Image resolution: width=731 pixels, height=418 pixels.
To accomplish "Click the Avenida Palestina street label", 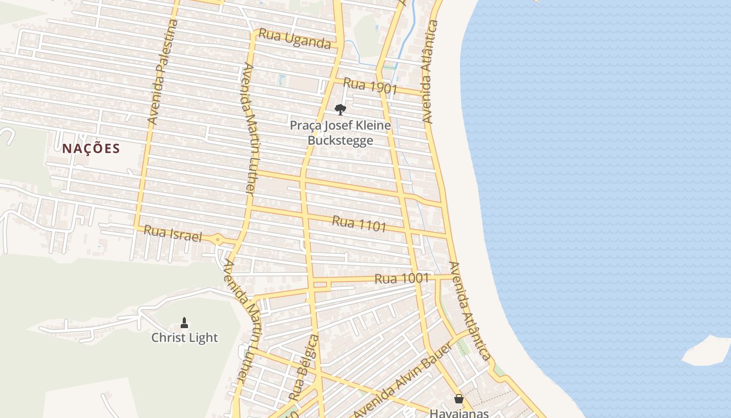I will pyautogui.click(x=162, y=72).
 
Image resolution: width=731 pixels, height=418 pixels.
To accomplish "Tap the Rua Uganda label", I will pyautogui.click(x=295, y=39).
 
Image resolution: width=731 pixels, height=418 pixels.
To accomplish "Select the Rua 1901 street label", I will pyautogui.click(x=370, y=86).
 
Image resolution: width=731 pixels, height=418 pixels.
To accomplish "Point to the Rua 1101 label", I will pyautogui.click(x=359, y=224).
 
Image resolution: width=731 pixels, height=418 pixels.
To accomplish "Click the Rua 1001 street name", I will pyautogui.click(x=402, y=278).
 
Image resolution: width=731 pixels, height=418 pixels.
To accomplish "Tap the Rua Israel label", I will pyautogui.click(x=172, y=233).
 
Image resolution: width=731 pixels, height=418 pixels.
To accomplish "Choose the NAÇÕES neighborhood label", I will pyautogui.click(x=91, y=149).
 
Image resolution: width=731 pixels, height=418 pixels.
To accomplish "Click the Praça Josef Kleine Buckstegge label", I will pyautogui.click(x=340, y=133).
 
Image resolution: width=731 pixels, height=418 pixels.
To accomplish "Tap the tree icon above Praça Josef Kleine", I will pyautogui.click(x=340, y=110).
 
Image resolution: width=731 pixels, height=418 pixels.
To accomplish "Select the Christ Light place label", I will pyautogui.click(x=184, y=338).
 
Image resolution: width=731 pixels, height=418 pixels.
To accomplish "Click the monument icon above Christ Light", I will pyautogui.click(x=184, y=322).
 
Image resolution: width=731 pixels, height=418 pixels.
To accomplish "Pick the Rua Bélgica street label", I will pyautogui.click(x=304, y=368).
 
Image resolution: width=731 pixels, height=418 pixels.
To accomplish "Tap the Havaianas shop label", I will pyautogui.click(x=459, y=413).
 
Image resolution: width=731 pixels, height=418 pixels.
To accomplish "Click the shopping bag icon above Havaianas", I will pyautogui.click(x=459, y=399).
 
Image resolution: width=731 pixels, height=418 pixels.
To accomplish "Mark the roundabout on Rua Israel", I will pyautogui.click(x=218, y=240).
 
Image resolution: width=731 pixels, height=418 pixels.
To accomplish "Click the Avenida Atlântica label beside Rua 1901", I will pyautogui.click(x=428, y=72).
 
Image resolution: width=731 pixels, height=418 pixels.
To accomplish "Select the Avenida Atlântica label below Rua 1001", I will pyautogui.click(x=470, y=311).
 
